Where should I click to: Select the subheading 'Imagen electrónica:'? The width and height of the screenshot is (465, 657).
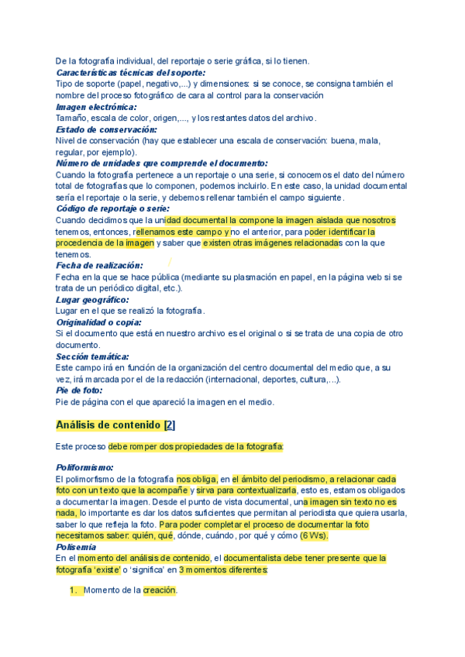click(x=96, y=107)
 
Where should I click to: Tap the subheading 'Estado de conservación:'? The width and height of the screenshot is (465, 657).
click(x=106, y=129)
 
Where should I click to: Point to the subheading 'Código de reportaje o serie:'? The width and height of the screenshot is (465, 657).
click(x=112, y=208)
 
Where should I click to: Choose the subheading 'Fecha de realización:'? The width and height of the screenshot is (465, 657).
click(x=99, y=265)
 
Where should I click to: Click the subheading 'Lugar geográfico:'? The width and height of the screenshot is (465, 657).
click(x=92, y=299)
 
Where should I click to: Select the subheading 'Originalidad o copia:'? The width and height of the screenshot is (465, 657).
click(x=98, y=322)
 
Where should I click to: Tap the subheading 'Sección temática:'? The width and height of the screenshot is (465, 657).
click(x=90, y=356)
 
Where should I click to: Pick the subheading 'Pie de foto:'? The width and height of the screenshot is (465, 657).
click(x=79, y=390)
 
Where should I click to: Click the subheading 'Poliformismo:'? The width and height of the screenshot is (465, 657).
click(x=84, y=468)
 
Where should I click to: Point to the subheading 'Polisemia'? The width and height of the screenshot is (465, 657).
click(x=76, y=547)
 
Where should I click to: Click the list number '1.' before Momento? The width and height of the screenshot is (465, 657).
click(x=75, y=590)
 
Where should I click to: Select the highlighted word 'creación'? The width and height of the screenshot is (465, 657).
click(x=160, y=590)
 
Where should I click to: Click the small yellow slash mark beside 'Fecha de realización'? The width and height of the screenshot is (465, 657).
click(x=170, y=263)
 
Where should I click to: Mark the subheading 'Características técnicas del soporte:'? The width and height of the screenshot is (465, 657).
click(x=130, y=72)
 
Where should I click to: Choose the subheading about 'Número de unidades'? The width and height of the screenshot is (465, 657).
click(x=161, y=163)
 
